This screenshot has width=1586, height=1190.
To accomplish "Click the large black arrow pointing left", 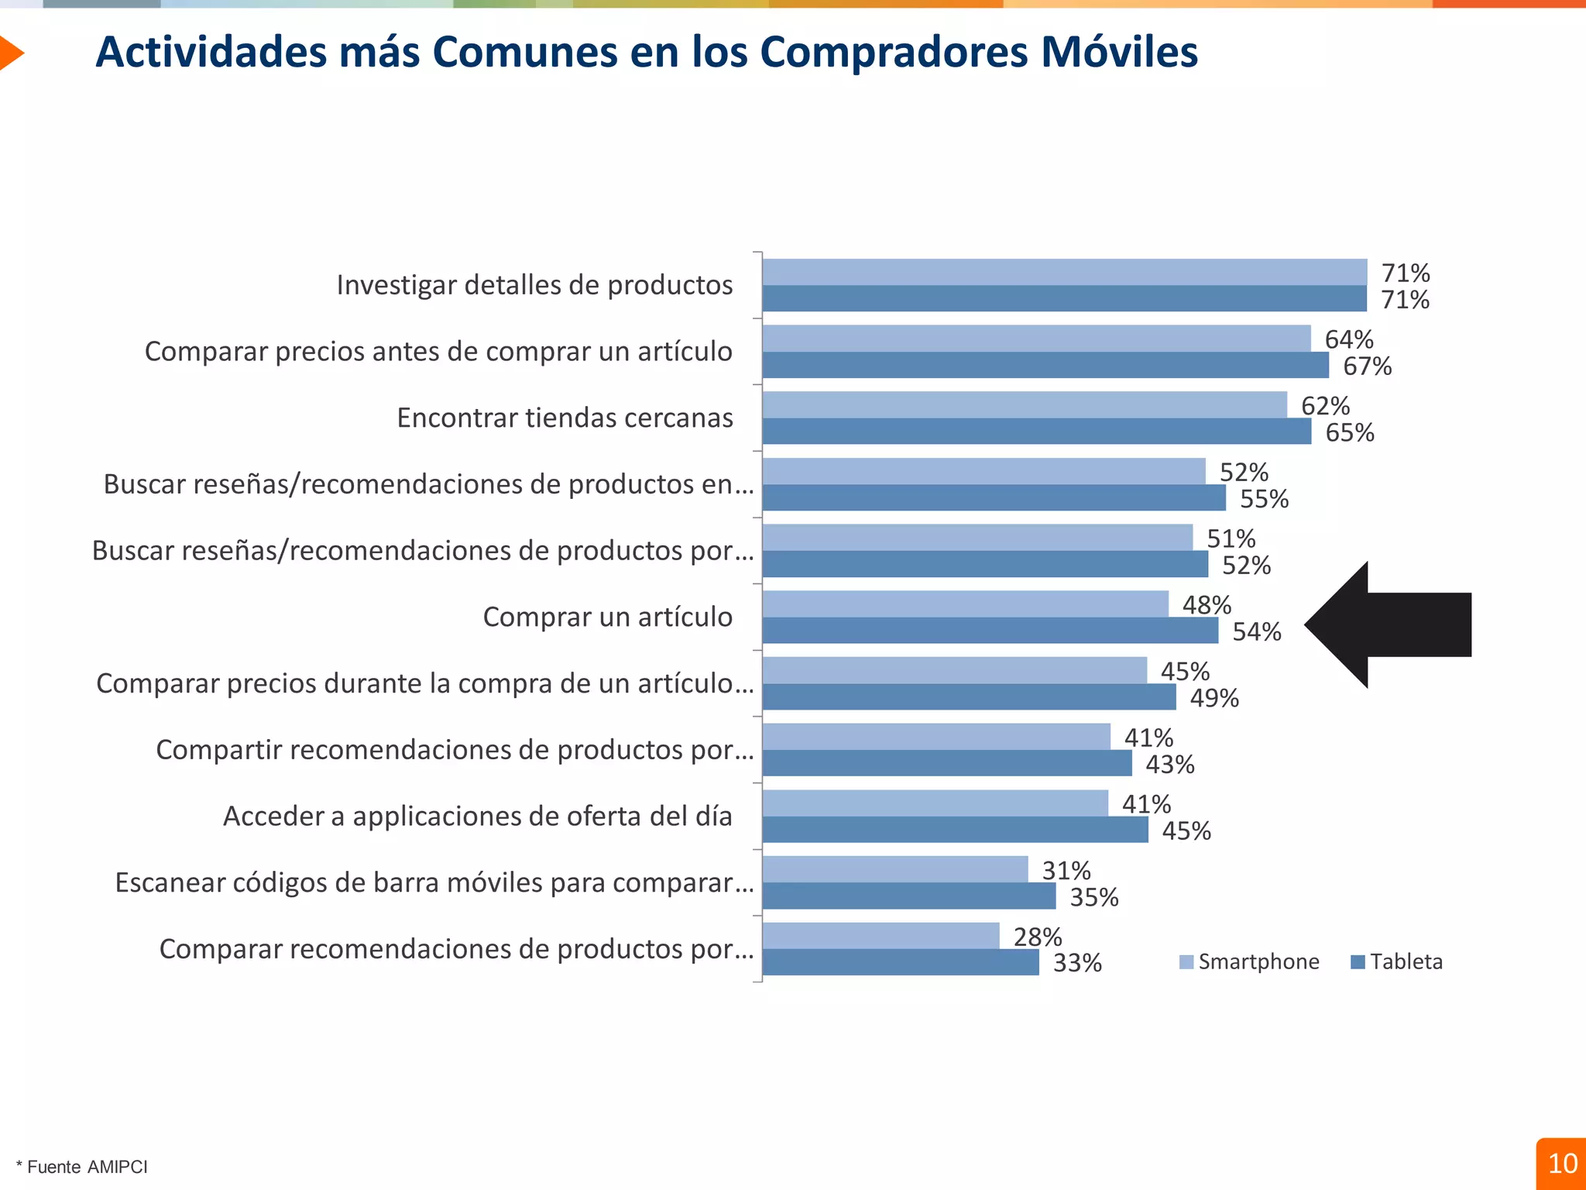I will (1394, 624).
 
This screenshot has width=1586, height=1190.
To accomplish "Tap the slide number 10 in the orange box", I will (1562, 1164).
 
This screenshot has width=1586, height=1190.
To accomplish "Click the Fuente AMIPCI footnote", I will (82, 1167).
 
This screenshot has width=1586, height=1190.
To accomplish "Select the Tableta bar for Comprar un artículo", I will (990, 631).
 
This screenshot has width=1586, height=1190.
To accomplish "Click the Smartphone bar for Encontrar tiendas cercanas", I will (1024, 404).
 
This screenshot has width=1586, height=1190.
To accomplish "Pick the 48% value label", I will (1206, 605).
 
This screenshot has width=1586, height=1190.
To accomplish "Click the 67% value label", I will (1367, 366).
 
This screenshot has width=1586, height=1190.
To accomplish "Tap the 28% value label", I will (1037, 937).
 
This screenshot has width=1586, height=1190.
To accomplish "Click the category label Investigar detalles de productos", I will (534, 285).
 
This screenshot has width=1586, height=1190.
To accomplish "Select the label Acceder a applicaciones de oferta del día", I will (477, 816).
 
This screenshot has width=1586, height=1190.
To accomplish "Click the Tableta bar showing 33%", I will (900, 962).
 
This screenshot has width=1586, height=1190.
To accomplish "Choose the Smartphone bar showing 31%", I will (894, 869).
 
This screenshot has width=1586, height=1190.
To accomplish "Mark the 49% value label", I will (1214, 698).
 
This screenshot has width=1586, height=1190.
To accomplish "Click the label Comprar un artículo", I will (607, 617).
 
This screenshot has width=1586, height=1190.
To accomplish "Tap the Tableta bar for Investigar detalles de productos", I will (1064, 299).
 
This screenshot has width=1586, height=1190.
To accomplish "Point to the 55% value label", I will (1264, 499).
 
